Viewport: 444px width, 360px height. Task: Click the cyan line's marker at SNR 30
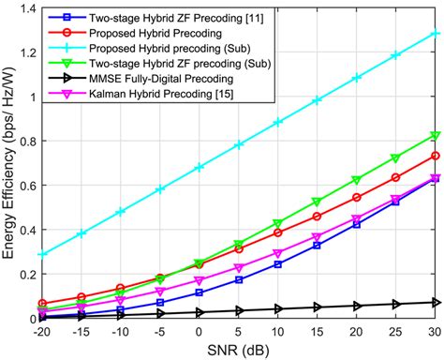(434, 33)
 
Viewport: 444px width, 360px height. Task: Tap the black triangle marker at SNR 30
(434, 302)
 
